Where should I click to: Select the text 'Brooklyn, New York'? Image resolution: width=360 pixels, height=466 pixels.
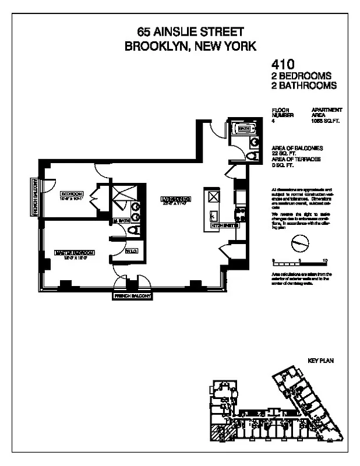190,46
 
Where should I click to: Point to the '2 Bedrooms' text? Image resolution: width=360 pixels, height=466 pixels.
301,76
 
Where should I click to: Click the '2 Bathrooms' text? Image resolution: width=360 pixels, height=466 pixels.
303,85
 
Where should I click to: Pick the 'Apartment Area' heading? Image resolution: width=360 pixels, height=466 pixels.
327,112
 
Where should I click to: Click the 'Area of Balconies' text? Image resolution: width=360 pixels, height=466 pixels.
297,149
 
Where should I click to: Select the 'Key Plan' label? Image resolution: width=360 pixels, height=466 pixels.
320,361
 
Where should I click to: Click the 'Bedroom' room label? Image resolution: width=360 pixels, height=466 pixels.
72,193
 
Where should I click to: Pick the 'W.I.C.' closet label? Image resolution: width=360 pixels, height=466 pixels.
132,252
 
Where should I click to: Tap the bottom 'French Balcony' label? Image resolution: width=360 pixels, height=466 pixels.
132,296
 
